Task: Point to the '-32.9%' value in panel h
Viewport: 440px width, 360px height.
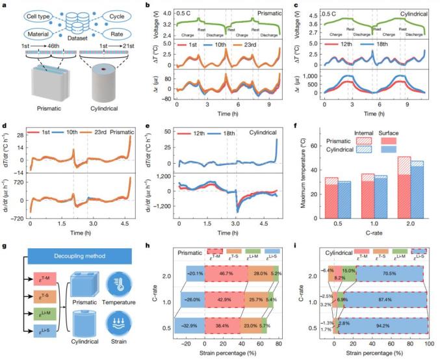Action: tap(181, 328)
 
